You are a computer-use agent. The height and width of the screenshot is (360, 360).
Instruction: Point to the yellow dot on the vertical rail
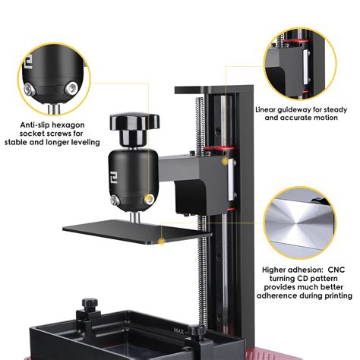point(225,161)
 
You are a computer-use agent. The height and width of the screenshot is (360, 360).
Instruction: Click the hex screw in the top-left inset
point(30,90)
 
